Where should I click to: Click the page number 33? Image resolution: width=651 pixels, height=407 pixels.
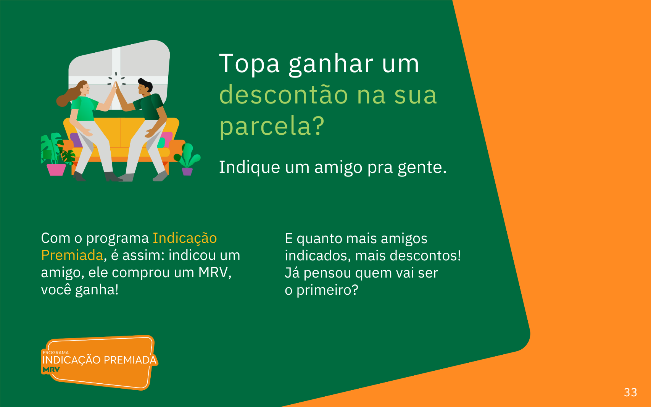630,392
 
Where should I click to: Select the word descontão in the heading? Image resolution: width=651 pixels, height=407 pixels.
284,94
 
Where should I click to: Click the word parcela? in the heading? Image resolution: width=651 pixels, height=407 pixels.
272,126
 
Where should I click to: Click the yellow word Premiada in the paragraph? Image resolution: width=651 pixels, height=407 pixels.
72,255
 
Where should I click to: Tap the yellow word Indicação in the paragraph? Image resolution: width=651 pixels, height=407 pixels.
185,238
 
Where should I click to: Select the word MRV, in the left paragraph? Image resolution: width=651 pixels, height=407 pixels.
215,272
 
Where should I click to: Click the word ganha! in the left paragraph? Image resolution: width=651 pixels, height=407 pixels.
97,290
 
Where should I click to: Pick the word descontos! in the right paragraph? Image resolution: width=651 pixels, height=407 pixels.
425,255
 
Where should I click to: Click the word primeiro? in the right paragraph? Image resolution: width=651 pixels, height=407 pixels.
327,290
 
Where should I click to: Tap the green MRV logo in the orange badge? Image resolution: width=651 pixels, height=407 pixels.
51,370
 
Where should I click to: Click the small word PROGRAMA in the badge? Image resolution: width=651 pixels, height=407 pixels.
56,353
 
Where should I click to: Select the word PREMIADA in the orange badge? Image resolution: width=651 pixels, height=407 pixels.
130,360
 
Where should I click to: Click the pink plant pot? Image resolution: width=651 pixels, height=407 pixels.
56,170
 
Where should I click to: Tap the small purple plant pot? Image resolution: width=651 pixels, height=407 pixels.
187,171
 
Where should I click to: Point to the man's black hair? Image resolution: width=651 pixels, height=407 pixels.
146,84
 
